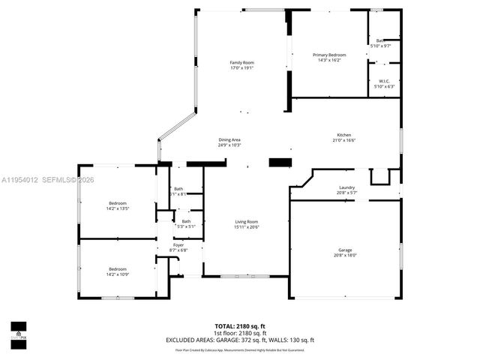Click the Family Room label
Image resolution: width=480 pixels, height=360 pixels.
241,62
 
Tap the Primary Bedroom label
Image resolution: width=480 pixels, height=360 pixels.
329,55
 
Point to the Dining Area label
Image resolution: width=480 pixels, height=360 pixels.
229,139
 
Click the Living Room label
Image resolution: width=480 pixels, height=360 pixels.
246,221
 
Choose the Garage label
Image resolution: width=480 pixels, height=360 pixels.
345,250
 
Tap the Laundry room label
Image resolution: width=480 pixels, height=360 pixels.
346,187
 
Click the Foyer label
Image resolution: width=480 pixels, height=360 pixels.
178,244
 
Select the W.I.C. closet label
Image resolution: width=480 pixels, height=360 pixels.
383,81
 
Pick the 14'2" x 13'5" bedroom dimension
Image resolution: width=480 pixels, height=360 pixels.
118,208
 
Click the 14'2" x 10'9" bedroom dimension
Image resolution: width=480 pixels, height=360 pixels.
118,274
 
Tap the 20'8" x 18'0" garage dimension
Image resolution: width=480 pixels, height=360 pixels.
345,255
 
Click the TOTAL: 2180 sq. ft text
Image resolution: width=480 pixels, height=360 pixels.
239,326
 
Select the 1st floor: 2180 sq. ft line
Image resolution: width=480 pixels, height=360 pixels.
239,333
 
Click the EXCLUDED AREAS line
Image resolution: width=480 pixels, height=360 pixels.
239,340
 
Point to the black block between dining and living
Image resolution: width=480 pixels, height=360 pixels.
279,162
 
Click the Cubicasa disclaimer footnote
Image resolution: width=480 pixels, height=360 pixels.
239,349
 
